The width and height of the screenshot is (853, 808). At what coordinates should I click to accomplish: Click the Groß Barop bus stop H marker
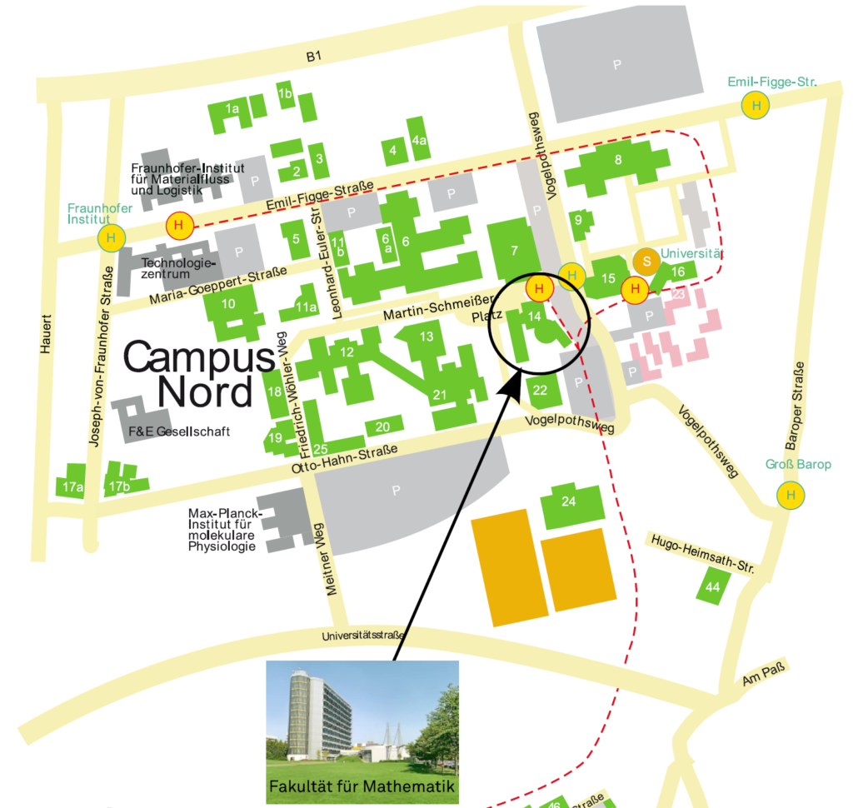pos(791,496)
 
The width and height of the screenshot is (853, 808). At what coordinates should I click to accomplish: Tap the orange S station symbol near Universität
pos(646,262)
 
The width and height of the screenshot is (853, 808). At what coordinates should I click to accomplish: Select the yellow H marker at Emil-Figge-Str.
pos(756,106)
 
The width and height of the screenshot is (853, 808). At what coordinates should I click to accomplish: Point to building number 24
pos(570,501)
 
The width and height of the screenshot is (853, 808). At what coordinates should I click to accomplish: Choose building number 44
pos(712,586)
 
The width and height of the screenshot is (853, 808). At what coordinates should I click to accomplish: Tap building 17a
pos(73,486)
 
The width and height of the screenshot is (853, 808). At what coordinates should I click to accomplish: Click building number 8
pos(618,161)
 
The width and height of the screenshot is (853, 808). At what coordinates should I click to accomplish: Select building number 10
pos(228,304)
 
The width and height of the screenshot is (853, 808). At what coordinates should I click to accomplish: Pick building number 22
pos(540,390)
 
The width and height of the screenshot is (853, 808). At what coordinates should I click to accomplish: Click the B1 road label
pos(313,57)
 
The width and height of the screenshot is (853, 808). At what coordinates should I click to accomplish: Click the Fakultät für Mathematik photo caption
pos(362,786)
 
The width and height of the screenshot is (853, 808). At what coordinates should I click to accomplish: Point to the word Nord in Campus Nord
pos(205,390)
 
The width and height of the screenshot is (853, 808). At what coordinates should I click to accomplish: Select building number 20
pos(382,427)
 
